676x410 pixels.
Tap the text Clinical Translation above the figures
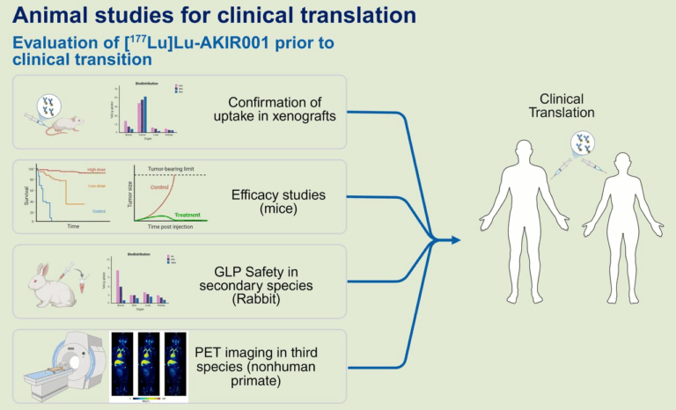(567, 106)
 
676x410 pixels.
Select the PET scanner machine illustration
(57, 370)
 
